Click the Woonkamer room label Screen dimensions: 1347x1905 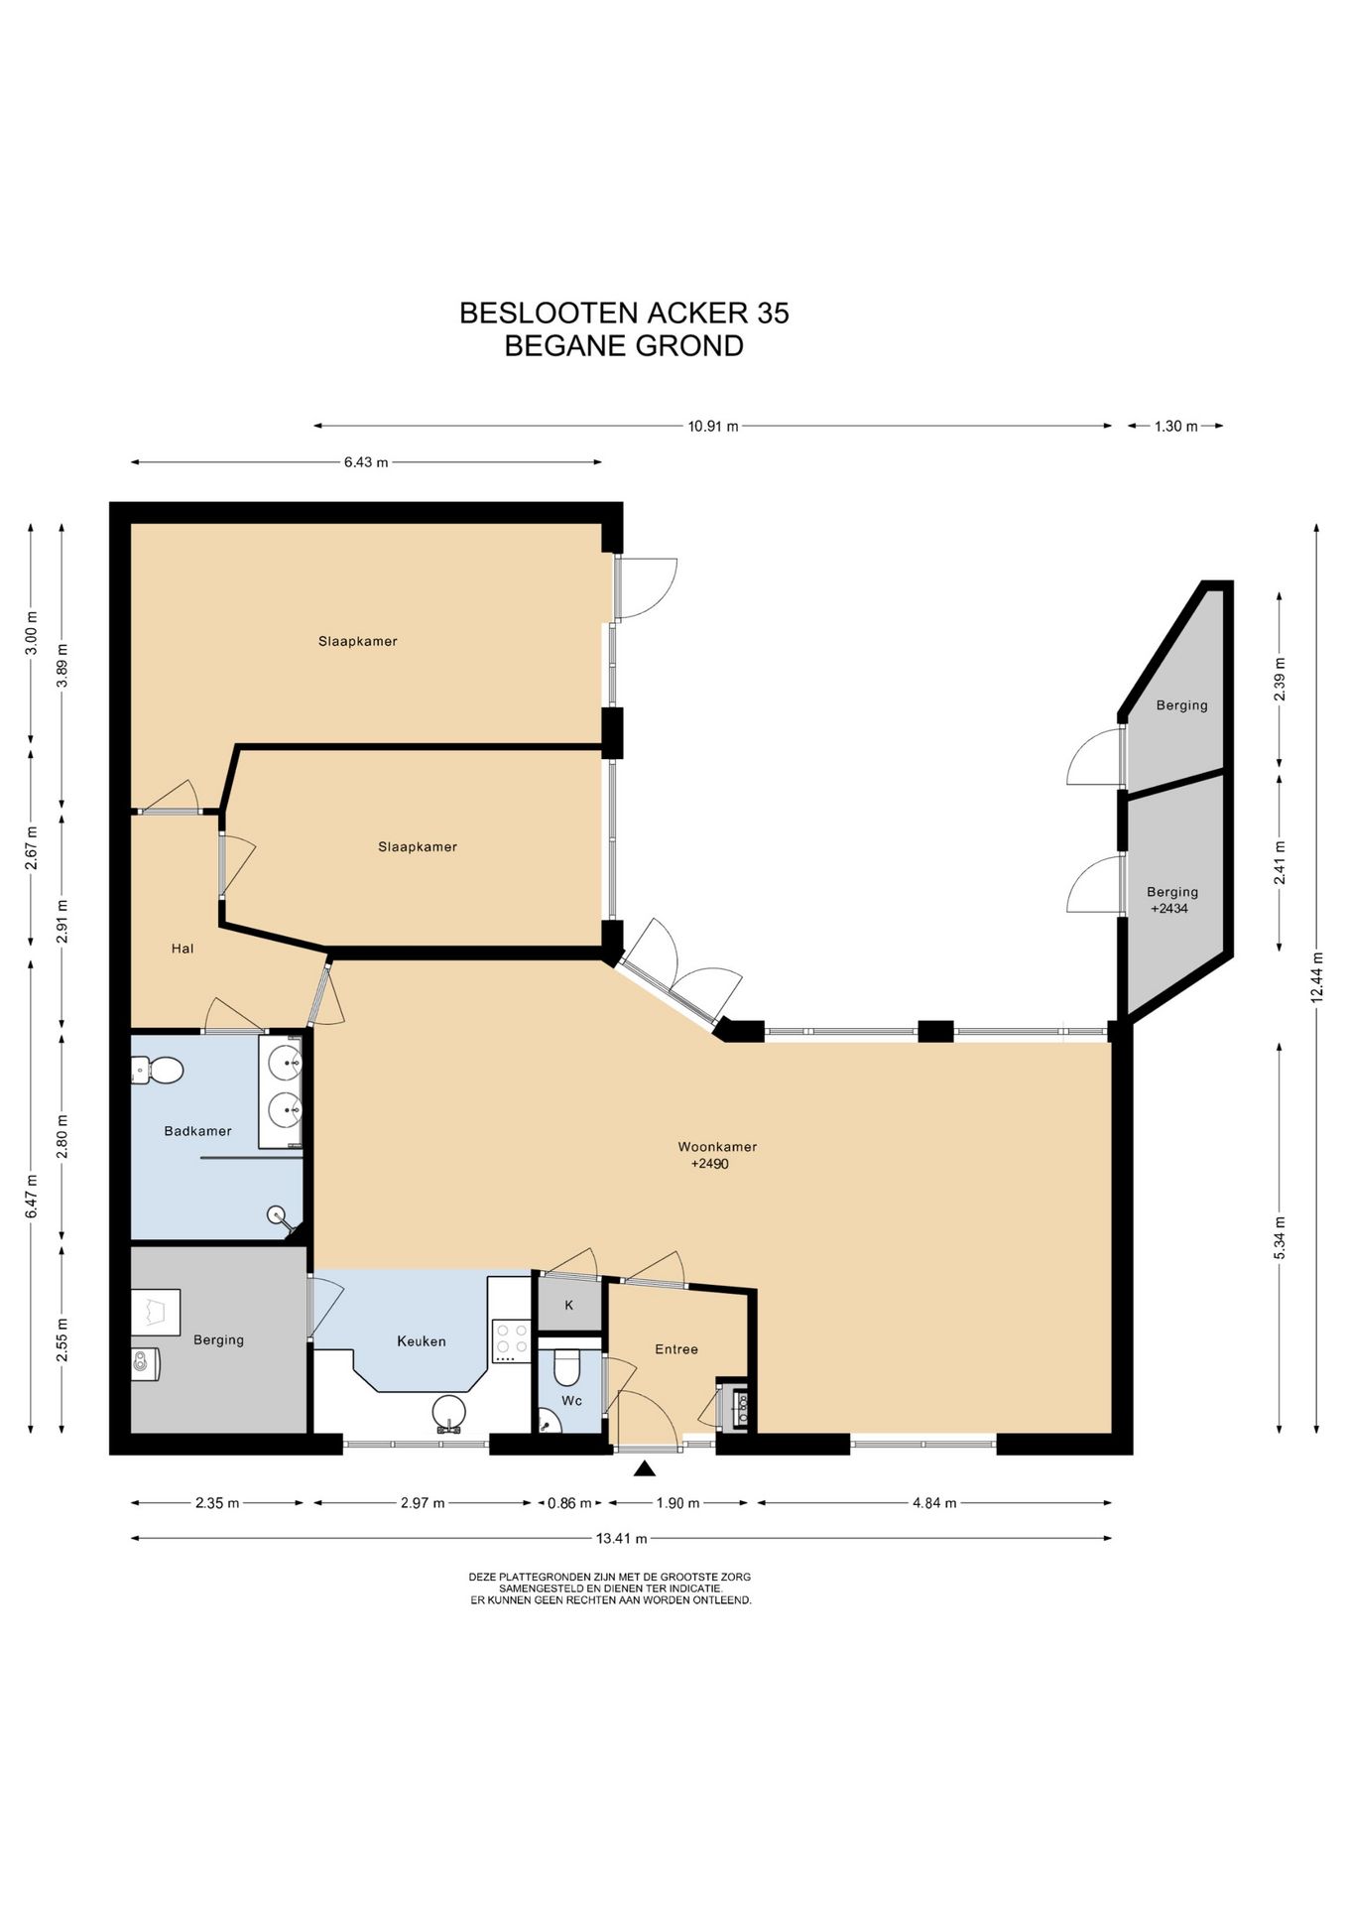(x=717, y=1146)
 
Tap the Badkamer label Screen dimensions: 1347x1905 (x=197, y=1130)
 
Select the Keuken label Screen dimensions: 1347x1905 (x=422, y=1340)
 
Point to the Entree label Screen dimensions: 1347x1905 (x=676, y=1348)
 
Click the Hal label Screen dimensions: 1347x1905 (x=183, y=948)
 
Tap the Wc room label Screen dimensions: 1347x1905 (x=572, y=1400)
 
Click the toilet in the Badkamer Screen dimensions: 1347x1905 (x=157, y=1071)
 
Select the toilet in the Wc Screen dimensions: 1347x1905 (x=567, y=1367)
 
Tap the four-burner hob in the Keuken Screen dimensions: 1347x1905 (x=511, y=1338)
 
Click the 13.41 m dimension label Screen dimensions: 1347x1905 (x=621, y=1538)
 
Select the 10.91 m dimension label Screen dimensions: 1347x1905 (x=713, y=426)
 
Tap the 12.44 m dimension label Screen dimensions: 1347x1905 (x=1317, y=977)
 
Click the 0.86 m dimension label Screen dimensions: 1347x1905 (x=569, y=1502)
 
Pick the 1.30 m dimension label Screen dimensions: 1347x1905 (x=1175, y=426)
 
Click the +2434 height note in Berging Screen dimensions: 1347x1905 (x=1168, y=908)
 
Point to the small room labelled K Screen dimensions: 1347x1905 (x=569, y=1305)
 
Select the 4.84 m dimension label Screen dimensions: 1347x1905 (x=934, y=1502)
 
